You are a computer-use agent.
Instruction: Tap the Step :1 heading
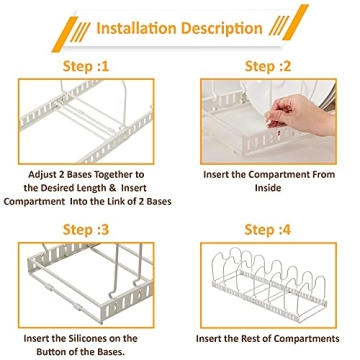pos(86,66)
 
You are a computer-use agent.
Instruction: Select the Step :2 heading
pos(268,66)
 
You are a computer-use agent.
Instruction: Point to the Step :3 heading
pos(86,230)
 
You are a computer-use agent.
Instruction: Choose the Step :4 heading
pos(268,230)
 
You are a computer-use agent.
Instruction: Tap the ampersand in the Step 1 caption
pos(112,188)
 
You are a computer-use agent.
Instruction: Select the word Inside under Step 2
pos(268,188)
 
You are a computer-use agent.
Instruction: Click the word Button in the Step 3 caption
pos(55,352)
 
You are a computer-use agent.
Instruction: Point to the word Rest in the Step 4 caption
pos(259,339)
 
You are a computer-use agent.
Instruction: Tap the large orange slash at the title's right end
pos(295,22)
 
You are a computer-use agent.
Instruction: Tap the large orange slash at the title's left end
pos(65,34)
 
